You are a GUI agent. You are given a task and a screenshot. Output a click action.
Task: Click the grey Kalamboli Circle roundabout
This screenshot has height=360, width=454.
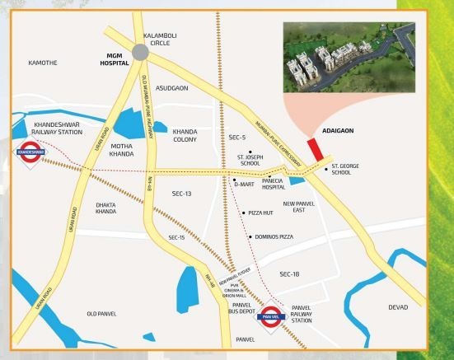pyautogui.click(x=142, y=51)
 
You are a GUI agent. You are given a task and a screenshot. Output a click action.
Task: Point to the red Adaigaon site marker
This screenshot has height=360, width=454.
pyautogui.click(x=314, y=150)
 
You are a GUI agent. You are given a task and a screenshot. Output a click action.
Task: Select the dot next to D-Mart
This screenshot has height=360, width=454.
pyautogui.click(x=234, y=179)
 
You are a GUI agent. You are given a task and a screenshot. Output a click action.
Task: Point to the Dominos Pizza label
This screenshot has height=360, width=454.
pyautogui.click(x=274, y=237)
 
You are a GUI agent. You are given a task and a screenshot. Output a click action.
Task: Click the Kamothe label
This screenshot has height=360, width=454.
pyautogui.click(x=42, y=63)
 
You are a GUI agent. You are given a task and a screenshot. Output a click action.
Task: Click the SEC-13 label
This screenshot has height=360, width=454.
pyautogui.click(x=181, y=193)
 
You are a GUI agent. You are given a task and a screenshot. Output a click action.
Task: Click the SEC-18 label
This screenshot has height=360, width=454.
pyautogui.click(x=290, y=274)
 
